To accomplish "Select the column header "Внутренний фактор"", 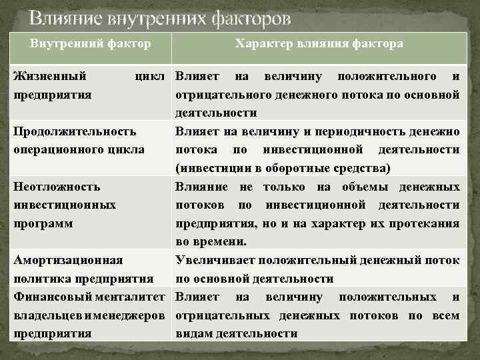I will pyautogui.click(x=90, y=43).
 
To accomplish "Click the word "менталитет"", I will pyautogui.click(x=134, y=296).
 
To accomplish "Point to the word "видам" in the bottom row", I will pyautogui.click(x=193, y=333).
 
